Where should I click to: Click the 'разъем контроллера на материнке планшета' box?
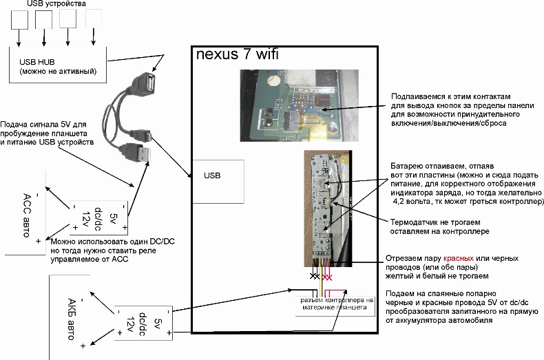pyautogui.click(x=336, y=304)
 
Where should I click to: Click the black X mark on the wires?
pyautogui.click(x=315, y=276)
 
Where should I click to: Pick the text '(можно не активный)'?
pyautogui.click(x=58, y=71)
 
